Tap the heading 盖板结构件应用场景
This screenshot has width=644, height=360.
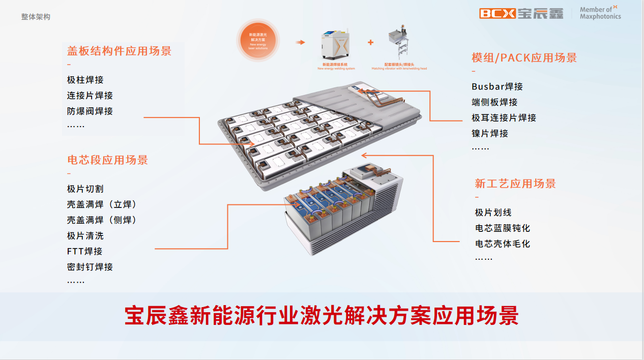(x=119, y=51)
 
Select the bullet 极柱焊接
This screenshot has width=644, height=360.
(x=85, y=80)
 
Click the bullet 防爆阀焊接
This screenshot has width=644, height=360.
(x=90, y=111)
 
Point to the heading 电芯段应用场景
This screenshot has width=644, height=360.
(x=107, y=160)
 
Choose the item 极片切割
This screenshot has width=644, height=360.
(x=85, y=189)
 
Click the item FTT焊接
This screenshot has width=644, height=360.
(x=85, y=251)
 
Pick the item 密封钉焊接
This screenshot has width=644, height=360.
(x=90, y=266)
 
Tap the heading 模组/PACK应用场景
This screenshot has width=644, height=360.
(x=524, y=58)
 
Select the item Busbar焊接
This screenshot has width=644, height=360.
(x=497, y=86)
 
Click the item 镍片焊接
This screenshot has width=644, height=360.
(x=490, y=133)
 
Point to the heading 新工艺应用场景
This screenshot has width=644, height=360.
(x=515, y=184)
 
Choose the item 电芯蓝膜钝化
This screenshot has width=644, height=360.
(x=503, y=228)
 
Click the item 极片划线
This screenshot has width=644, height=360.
(x=493, y=213)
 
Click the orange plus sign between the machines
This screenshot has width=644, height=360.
(x=370, y=42)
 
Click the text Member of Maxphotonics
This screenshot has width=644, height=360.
(x=600, y=13)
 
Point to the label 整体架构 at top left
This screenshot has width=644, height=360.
(x=36, y=17)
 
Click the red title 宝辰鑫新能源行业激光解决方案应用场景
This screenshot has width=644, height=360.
(x=321, y=316)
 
